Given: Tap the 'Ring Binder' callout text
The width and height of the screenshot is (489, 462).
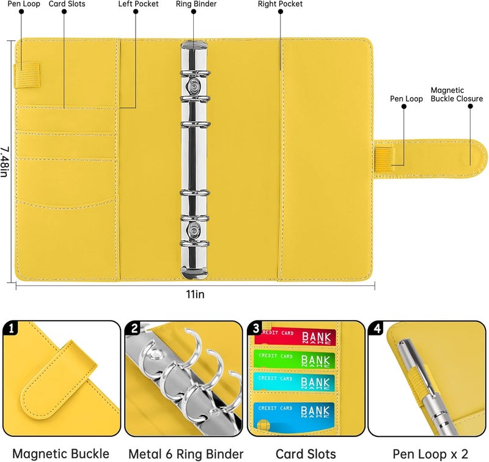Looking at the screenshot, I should (193, 4).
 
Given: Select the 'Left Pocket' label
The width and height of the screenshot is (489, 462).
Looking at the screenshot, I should (138, 4).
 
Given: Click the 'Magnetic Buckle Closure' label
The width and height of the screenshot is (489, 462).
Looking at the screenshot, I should (452, 94).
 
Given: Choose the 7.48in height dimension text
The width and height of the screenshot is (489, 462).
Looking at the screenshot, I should (5, 161).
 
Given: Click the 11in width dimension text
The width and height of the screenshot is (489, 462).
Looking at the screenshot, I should (195, 294).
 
